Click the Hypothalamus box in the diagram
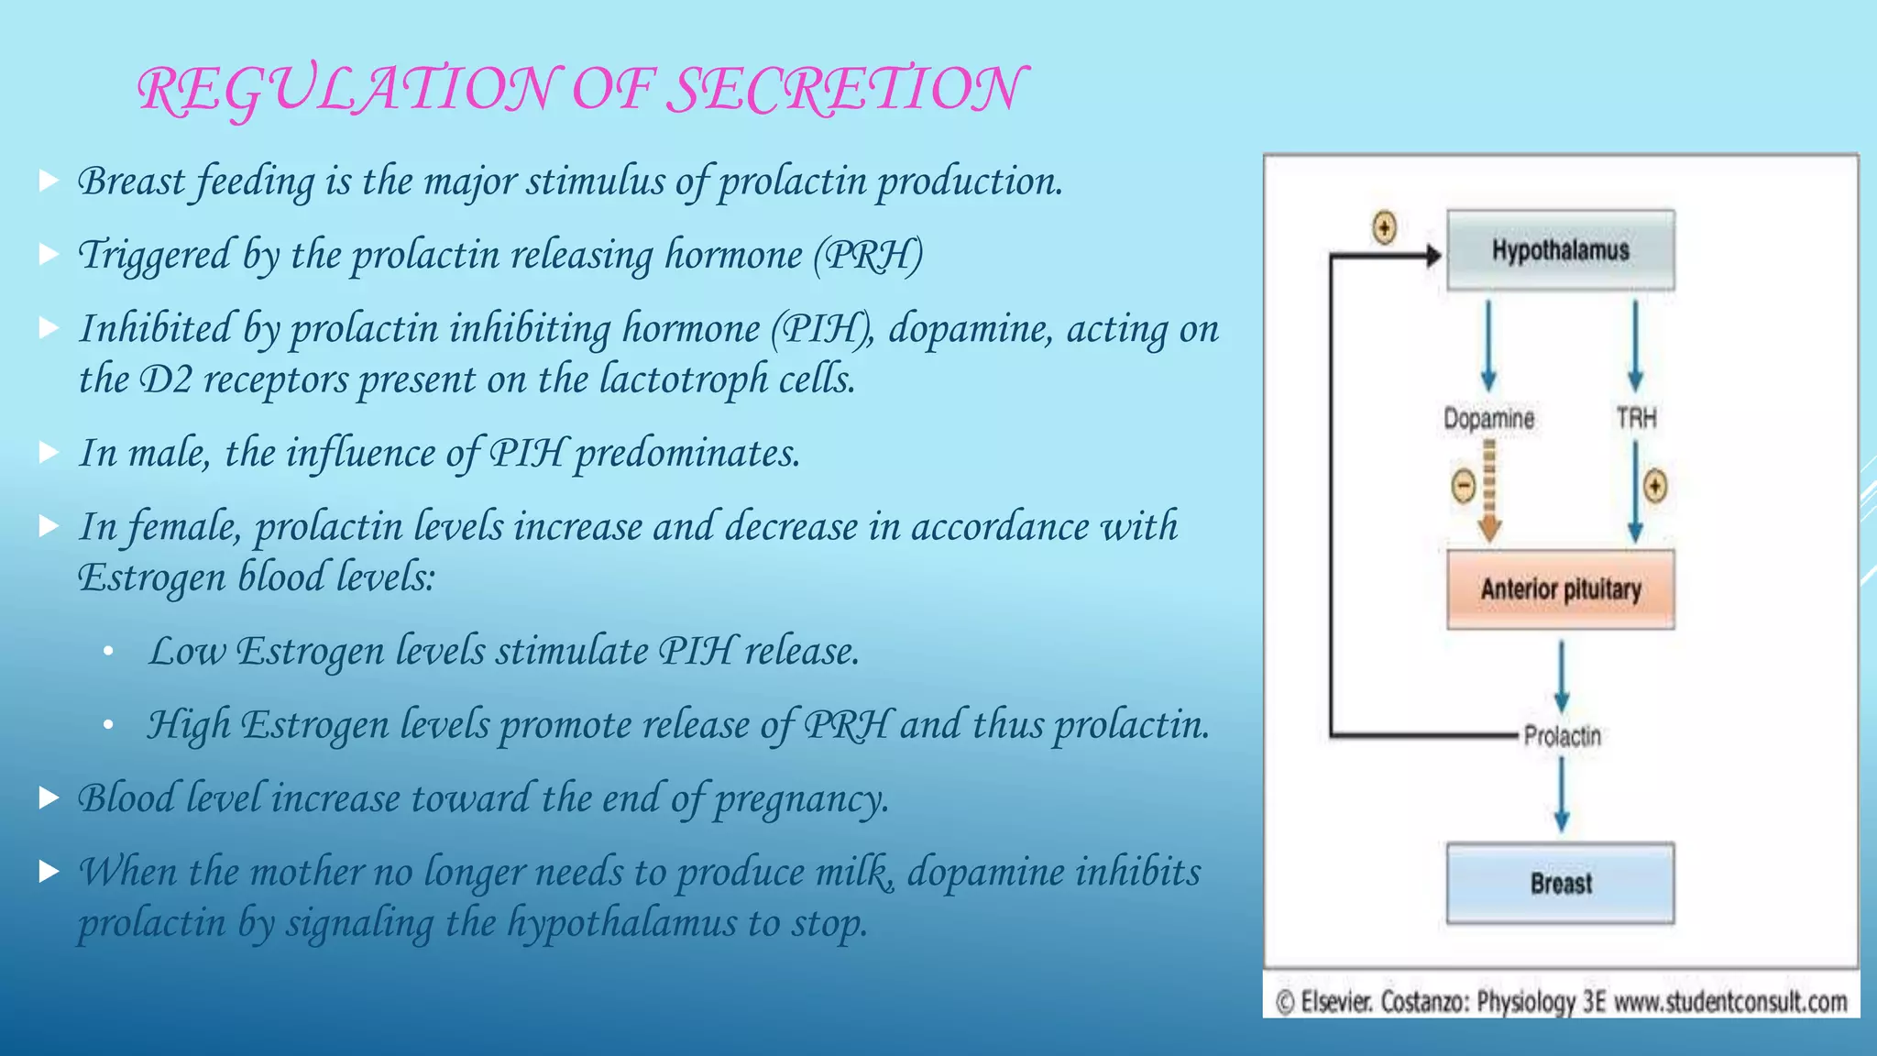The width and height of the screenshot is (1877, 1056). (1560, 249)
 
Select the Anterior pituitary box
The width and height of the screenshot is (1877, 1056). (1560, 588)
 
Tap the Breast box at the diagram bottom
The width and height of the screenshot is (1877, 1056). (1560, 883)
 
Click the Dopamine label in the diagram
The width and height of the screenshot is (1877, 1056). (1488, 419)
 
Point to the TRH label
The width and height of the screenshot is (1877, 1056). (1636, 419)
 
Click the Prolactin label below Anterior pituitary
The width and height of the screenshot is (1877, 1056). (1562, 735)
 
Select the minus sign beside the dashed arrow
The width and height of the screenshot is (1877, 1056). (1464, 486)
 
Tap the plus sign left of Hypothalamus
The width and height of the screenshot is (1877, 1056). (1384, 226)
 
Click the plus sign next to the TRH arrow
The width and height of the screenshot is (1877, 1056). (1655, 486)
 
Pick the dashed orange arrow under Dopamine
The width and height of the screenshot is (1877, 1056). (1489, 490)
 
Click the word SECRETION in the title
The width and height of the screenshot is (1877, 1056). (843, 90)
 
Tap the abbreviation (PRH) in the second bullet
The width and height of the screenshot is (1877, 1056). (868, 255)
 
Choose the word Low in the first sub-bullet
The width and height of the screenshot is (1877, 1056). (187, 651)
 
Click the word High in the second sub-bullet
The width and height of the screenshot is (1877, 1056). (188, 725)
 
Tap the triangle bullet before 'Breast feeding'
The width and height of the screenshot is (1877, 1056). (49, 181)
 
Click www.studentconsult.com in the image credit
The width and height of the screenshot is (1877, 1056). (1730, 1002)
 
